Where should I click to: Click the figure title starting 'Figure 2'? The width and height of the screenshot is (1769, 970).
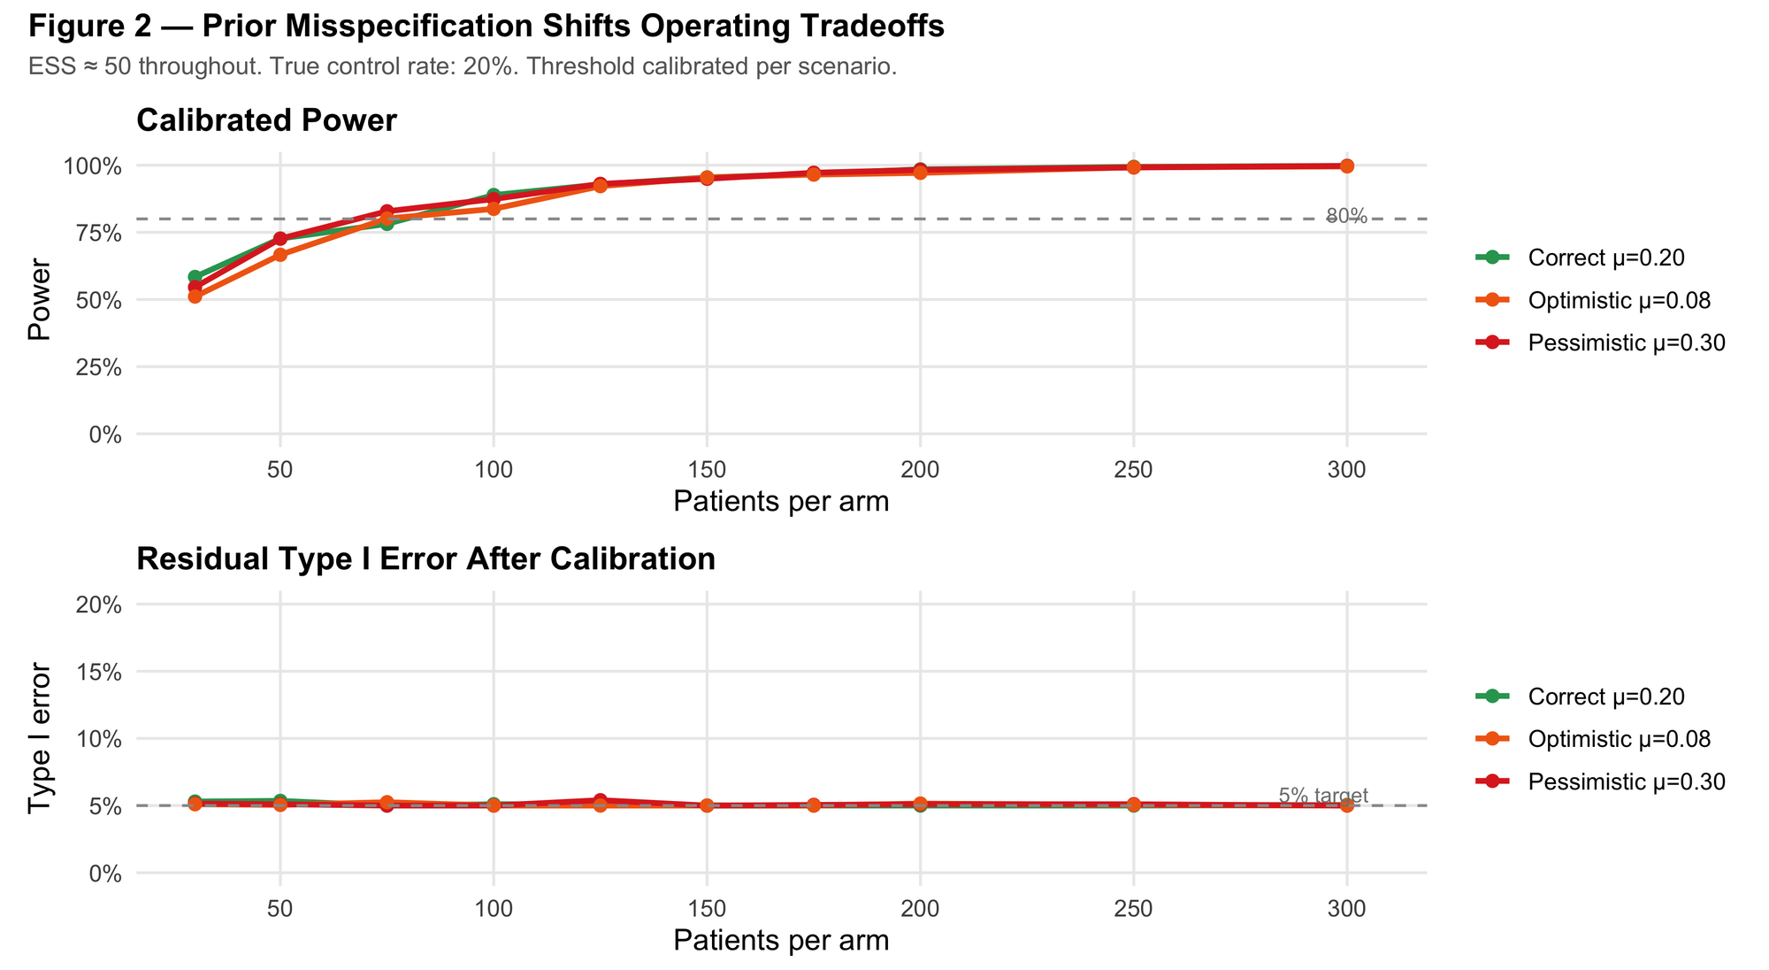coord(486,27)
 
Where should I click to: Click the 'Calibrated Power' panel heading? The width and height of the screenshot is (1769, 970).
coord(266,120)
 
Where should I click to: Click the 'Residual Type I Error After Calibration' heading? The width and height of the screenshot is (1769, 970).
coord(425,559)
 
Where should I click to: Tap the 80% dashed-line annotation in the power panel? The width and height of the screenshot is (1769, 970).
coord(1346,217)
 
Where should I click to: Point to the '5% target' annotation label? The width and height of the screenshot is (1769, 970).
coord(1323,796)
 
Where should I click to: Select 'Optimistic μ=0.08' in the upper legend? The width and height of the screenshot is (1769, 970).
coord(1619,301)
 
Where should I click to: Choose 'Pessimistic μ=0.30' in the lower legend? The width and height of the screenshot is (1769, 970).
coord(1626,781)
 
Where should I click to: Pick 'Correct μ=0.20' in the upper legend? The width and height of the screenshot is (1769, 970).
coord(1605,258)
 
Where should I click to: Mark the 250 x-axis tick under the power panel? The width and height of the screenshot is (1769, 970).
coord(1133,471)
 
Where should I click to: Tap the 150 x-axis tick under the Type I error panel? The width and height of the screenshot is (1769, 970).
coord(707,909)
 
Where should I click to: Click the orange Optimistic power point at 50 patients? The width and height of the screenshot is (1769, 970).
coord(280,255)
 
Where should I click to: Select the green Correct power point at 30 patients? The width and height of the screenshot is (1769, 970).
coord(195,277)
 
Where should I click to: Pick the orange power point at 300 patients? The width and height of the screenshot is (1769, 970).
coord(1346,166)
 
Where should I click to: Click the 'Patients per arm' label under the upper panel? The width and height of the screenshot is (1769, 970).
coord(781,502)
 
